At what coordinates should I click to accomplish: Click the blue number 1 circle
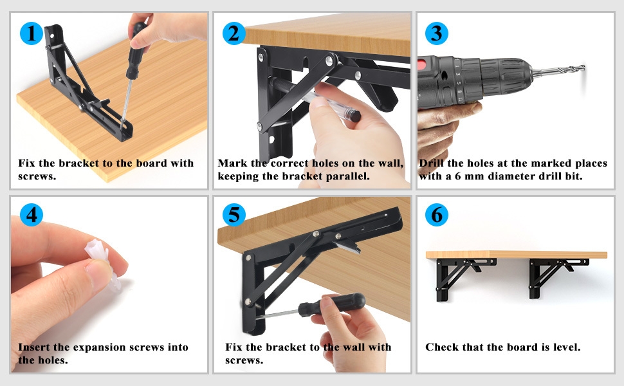31,33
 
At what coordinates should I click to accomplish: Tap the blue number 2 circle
234,33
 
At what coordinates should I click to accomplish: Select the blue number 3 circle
437,33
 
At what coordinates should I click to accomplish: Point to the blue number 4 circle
31,215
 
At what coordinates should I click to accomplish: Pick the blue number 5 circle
234,215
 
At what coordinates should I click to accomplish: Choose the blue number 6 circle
437,215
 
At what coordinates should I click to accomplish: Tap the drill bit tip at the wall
583,68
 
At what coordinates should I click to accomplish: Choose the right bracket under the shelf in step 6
558,276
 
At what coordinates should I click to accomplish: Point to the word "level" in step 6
567,347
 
